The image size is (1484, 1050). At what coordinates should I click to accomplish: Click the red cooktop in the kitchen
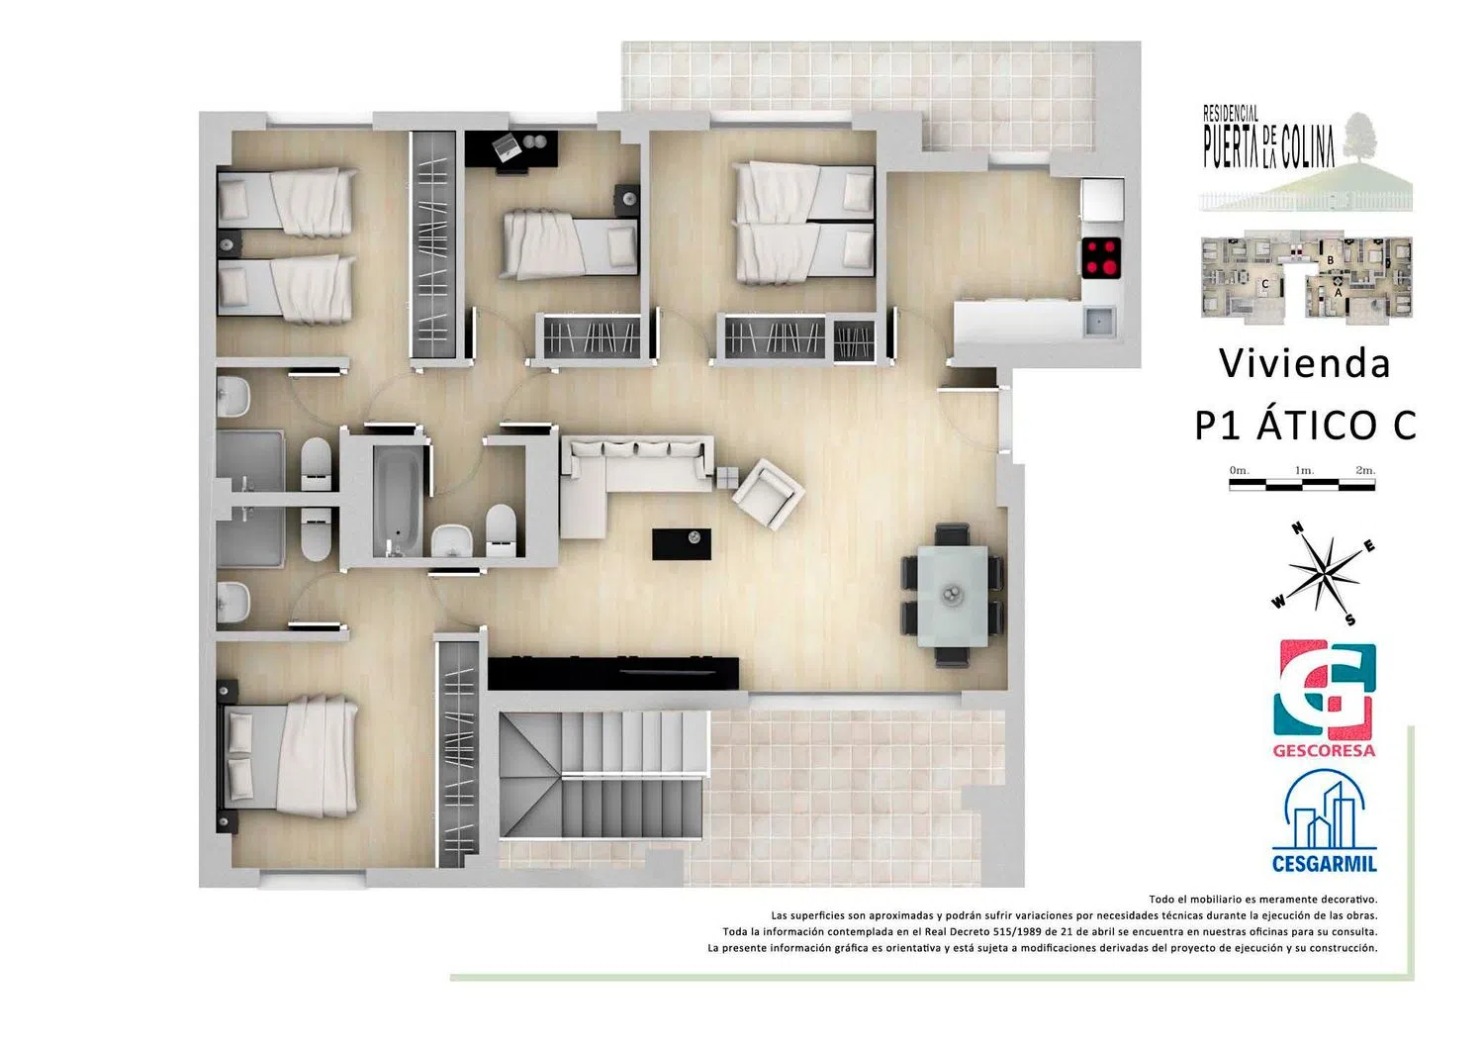[1101, 257]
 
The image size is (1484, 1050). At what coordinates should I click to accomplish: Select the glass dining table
[953, 595]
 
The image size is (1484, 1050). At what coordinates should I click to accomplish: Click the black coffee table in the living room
[682, 543]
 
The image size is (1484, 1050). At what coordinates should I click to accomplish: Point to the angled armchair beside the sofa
[769, 493]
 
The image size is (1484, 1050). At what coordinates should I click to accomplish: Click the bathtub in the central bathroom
[397, 501]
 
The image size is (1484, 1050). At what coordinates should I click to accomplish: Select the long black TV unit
[612, 674]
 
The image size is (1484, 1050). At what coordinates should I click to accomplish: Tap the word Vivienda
[1305, 364]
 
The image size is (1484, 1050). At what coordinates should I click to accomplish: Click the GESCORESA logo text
[1324, 751]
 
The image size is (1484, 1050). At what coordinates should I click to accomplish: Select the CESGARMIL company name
[1325, 864]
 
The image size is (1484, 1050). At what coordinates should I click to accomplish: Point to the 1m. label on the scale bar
[1305, 471]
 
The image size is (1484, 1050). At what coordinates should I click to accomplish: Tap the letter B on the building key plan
[1330, 261]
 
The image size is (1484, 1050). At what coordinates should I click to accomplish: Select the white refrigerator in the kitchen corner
[1102, 200]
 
